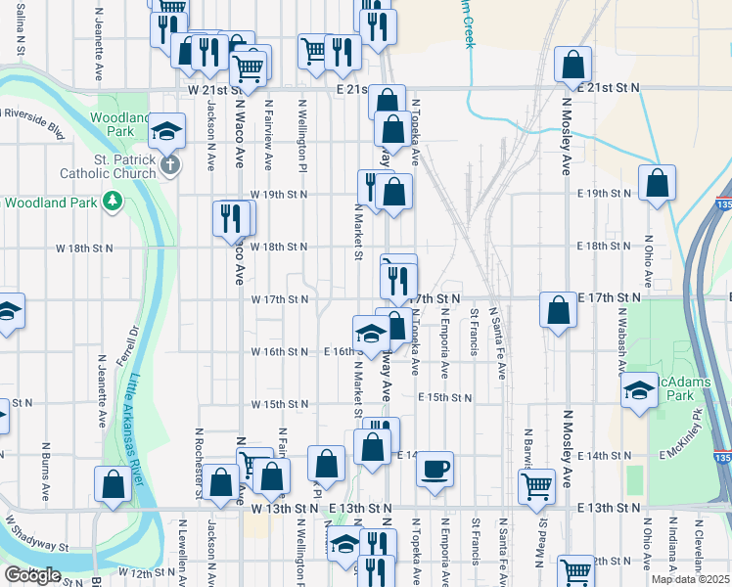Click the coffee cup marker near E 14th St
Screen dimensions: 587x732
[x=435, y=469]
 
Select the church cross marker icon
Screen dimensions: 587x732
[x=170, y=163]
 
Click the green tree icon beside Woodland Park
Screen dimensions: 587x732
[x=114, y=202]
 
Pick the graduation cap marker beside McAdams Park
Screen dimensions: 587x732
[x=639, y=389]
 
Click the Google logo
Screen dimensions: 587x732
[x=32, y=575]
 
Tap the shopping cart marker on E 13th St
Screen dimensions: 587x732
[x=536, y=486]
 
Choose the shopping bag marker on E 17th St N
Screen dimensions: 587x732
[x=558, y=310]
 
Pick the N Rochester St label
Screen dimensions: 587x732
[x=198, y=462]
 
